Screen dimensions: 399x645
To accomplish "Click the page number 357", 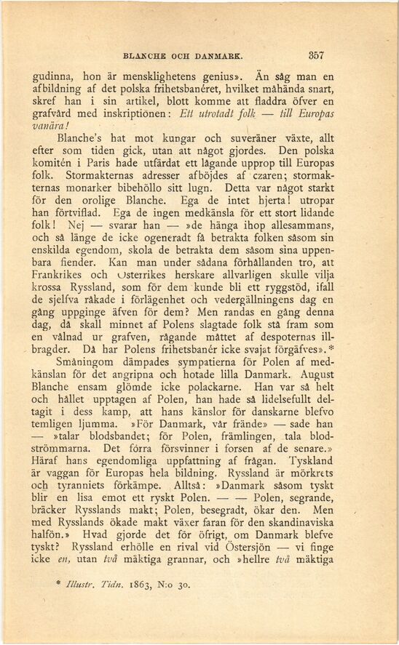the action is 315,54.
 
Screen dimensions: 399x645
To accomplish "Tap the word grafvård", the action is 55,114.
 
